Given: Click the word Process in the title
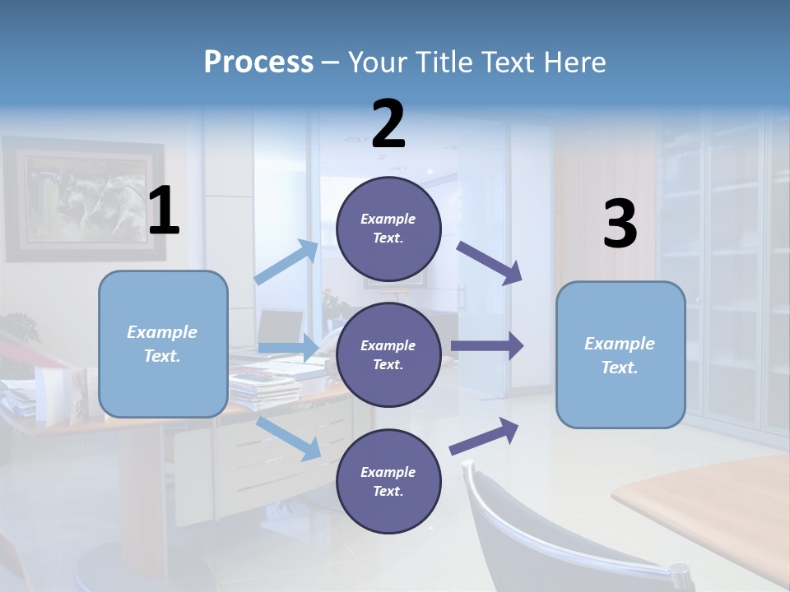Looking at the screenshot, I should [258, 62].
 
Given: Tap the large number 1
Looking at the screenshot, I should [164, 211].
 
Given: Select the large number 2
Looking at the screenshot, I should [388, 124].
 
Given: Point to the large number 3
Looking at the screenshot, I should [620, 224].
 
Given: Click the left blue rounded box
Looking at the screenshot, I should [163, 344].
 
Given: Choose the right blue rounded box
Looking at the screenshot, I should [620, 354].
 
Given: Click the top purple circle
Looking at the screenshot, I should [388, 229].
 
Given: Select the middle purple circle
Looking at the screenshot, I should [388, 354].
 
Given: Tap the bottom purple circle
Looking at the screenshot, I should [388, 481].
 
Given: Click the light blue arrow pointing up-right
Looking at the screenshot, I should [287, 262].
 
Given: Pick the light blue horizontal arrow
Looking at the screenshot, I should [288, 348].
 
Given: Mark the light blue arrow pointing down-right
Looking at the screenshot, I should [289, 438].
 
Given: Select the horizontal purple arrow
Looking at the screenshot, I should [487, 346].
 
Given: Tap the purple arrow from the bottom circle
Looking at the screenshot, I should [485, 437].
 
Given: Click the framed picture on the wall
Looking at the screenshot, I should [82, 200].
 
